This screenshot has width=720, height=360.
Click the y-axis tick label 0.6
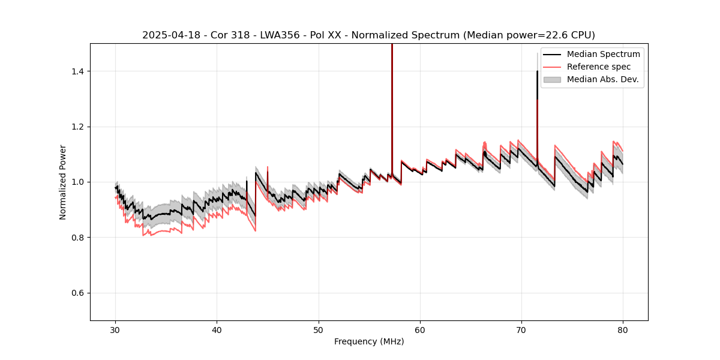[x=78, y=293]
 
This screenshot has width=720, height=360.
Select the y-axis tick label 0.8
[x=78, y=238]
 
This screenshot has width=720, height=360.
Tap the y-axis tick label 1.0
[x=78, y=182]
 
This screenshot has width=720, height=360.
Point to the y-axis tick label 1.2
[x=78, y=127]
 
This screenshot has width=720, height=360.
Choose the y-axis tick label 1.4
[x=78, y=71]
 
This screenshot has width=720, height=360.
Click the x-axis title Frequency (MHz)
[x=369, y=341]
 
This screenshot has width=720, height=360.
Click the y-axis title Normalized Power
[x=62, y=182]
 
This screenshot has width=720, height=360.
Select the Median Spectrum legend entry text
[x=603, y=54]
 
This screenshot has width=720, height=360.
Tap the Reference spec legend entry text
[x=599, y=67]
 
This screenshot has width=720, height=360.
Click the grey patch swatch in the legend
[x=552, y=79]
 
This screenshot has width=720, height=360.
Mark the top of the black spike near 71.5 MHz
[x=537, y=71]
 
